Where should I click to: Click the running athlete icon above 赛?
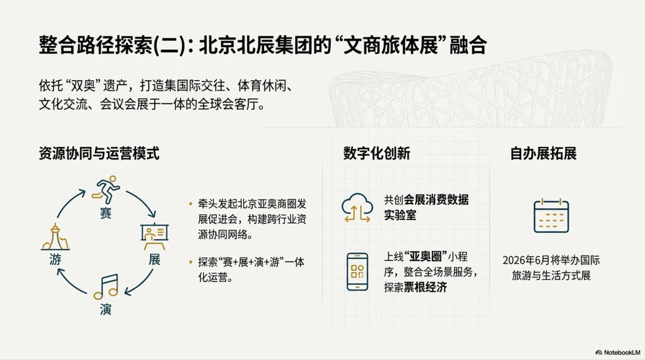tap(106, 190)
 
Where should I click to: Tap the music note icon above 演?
tap(106, 287)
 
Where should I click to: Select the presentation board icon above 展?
tap(154, 237)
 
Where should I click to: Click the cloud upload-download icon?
tap(357, 208)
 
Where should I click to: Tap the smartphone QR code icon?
tap(357, 272)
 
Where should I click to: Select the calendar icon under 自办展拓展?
tap(551, 216)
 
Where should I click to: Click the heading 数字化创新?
tap(376, 153)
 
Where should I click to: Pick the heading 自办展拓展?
tap(543, 153)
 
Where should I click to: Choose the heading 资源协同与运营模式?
tap(99, 153)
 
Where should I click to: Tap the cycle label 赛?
tap(106, 213)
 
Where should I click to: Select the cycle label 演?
tap(106, 309)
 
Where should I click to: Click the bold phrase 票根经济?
tap(425, 287)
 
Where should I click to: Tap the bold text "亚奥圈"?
tap(426, 257)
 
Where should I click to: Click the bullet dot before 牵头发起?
tap(191, 204)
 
